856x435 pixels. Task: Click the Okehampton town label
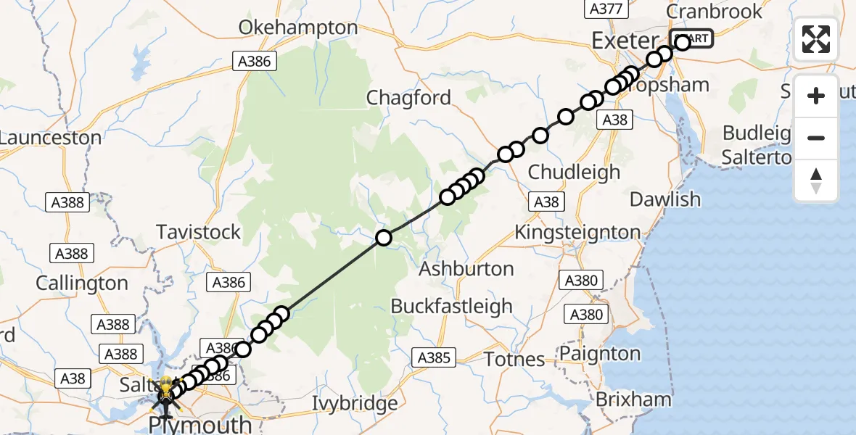299,28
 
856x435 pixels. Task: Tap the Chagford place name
408,98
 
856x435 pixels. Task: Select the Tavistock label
198,232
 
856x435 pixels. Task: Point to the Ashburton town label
466,268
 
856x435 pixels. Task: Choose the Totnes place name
514,359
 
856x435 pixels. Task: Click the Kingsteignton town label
577,233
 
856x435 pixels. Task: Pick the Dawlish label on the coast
665,199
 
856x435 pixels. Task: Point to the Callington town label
82,283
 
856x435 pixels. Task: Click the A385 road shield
435,357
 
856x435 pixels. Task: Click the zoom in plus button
816,96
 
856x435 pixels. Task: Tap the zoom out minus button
816,138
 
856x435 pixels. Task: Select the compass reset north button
816,180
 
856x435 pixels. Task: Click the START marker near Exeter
692,38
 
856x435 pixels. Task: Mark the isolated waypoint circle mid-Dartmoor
383,237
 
